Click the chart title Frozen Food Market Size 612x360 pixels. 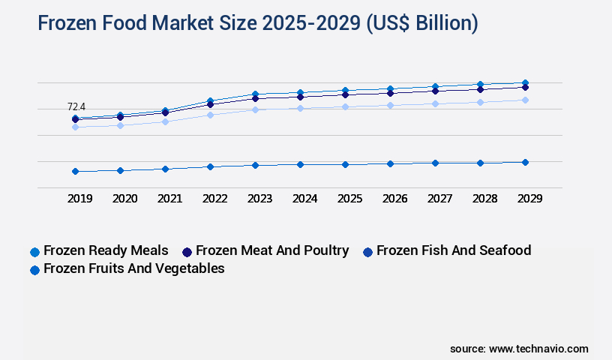tap(257, 24)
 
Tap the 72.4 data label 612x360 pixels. tap(76, 107)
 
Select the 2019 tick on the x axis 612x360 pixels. tap(79, 199)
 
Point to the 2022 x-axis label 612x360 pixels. tap(214, 199)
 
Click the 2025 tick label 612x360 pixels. tap(349, 199)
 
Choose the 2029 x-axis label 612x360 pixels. tap(529, 199)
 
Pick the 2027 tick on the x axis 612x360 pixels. tap(439, 199)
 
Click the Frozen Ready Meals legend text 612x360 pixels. tap(106, 250)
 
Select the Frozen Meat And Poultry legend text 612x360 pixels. tap(272, 250)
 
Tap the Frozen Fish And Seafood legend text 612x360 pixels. tap(453, 250)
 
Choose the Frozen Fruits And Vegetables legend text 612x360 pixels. tap(134, 268)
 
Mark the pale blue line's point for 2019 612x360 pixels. tap(75, 127)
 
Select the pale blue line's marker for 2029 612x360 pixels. tap(525, 100)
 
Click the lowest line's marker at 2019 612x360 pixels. tap(75, 171)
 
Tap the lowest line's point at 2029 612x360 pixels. tap(525, 162)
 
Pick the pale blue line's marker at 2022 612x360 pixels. tap(210, 115)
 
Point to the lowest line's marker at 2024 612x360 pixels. tap(300, 164)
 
